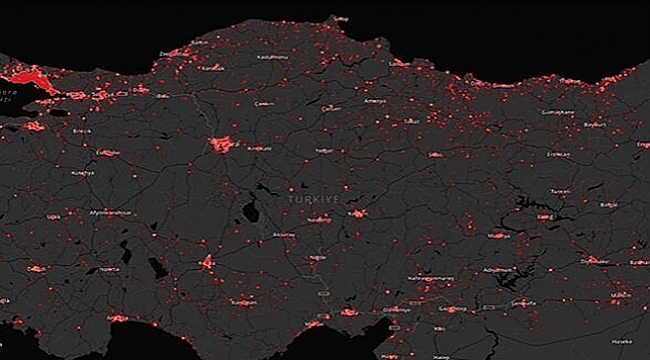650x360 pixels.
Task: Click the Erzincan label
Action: point(557,154)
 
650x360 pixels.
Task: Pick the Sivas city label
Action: point(435,155)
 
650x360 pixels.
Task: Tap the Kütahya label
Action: point(83,173)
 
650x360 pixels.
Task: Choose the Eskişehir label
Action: point(109,153)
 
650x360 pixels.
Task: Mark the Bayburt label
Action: point(594,125)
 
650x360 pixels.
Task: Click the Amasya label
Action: point(375,101)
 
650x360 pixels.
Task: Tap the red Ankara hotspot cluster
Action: point(222,144)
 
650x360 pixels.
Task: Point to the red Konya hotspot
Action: point(207,262)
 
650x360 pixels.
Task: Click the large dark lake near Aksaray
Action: point(247,210)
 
